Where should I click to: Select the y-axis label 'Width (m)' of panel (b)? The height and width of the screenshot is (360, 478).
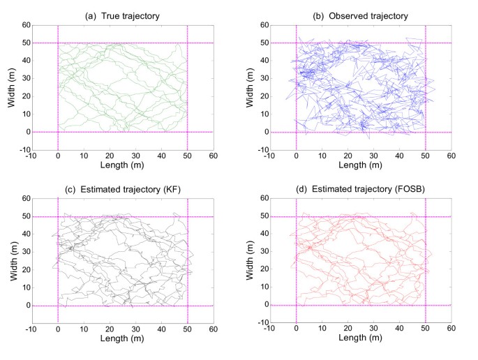[248, 87]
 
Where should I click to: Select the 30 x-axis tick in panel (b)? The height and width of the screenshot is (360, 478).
[374, 156]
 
